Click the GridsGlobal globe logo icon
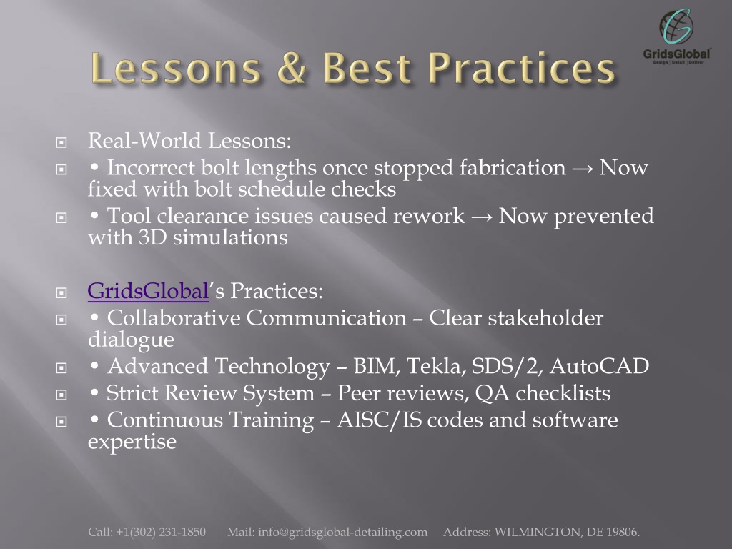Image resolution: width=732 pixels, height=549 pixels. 676,26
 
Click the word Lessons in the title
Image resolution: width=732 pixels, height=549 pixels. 176,68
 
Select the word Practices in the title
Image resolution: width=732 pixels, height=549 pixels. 521,68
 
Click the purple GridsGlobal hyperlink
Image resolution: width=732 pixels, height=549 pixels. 148,291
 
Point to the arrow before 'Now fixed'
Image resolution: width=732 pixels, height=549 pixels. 583,169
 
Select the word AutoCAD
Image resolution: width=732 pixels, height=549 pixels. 600,366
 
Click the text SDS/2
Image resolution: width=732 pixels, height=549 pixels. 507,367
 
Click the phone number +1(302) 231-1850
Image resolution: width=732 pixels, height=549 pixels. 161,532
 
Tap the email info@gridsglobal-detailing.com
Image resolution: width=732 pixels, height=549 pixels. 342,532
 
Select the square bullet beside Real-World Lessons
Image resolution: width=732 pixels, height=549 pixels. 61,142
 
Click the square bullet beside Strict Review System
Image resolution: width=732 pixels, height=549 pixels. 61,395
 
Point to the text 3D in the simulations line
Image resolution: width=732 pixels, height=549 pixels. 152,237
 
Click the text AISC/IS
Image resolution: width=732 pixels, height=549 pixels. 379,420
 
